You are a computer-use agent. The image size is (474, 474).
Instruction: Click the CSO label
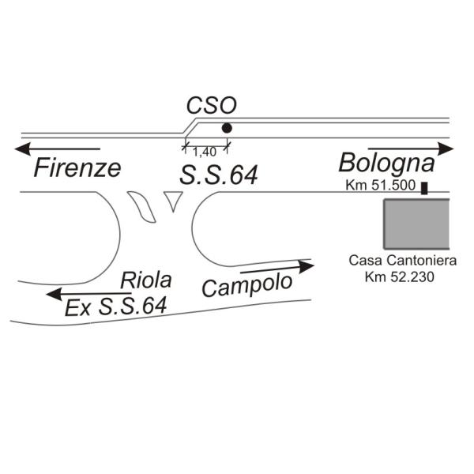click(x=211, y=106)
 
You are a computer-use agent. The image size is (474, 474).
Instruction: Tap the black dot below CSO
click(x=227, y=128)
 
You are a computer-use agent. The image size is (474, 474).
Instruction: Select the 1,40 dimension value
click(x=205, y=152)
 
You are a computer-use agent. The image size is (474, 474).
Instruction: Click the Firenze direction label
click(x=77, y=168)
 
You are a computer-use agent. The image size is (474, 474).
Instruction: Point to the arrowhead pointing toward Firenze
click(x=23, y=149)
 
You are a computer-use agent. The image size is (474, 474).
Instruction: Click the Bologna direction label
click(x=386, y=164)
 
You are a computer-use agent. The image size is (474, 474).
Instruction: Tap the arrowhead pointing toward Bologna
click(x=446, y=149)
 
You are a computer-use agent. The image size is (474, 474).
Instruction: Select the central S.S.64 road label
click(x=219, y=175)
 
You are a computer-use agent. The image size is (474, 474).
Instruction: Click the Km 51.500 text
click(x=381, y=185)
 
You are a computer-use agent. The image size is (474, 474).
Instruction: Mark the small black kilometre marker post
click(x=425, y=188)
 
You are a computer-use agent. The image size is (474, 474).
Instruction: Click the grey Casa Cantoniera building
click(x=416, y=224)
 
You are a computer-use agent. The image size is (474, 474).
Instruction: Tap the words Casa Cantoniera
click(x=403, y=261)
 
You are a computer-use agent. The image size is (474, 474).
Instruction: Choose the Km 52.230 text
click(x=399, y=276)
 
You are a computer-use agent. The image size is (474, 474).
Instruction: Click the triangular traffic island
click(x=173, y=200)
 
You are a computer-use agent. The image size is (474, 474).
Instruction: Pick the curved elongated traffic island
click(x=141, y=207)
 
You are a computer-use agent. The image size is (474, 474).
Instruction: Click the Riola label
click(x=146, y=280)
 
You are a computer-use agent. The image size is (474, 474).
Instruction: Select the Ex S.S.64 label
click(x=116, y=307)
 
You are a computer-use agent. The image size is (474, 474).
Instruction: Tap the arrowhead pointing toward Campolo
click(x=306, y=266)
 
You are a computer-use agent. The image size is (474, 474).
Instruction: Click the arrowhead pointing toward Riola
click(x=55, y=294)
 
